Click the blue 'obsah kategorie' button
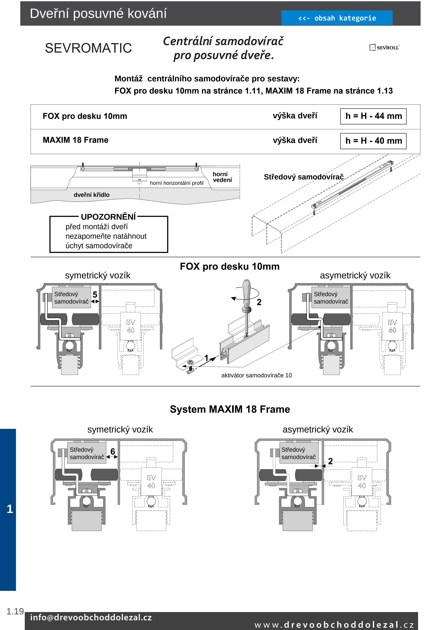pos(337,18)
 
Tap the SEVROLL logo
pos(384,47)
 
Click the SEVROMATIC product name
pos(88,48)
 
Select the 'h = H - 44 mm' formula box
pos(373,116)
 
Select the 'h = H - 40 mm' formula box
pos(373,141)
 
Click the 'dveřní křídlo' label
pos(92,195)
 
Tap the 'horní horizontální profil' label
pos(177,183)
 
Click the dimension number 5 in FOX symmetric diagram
pos(95,295)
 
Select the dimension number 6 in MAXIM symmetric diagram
pos(113,451)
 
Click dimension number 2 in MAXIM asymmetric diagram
pos(330,461)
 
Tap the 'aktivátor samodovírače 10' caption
pos(256,375)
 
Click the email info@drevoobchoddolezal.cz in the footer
pos(91,617)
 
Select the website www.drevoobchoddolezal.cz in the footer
pos(334,625)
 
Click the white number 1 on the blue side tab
pos(10,509)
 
